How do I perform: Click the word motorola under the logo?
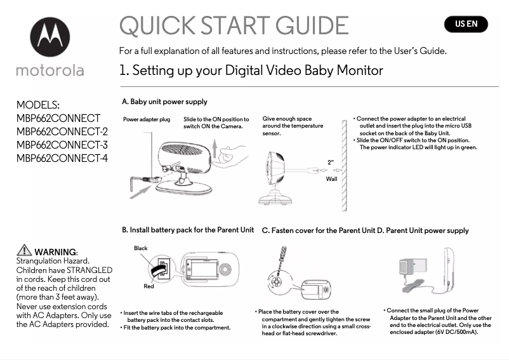click(50, 70)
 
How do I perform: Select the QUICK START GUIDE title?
click(234, 26)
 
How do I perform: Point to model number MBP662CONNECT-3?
click(62, 145)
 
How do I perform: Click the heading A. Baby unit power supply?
click(164, 102)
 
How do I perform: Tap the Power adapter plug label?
click(146, 119)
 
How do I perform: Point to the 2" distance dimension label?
click(330, 162)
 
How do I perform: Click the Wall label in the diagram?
click(331, 180)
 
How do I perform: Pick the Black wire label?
click(140, 248)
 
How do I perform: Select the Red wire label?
click(149, 286)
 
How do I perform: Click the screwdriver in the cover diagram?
click(277, 260)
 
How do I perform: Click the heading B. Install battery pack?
click(187, 230)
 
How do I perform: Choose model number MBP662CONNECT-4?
click(62, 158)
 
